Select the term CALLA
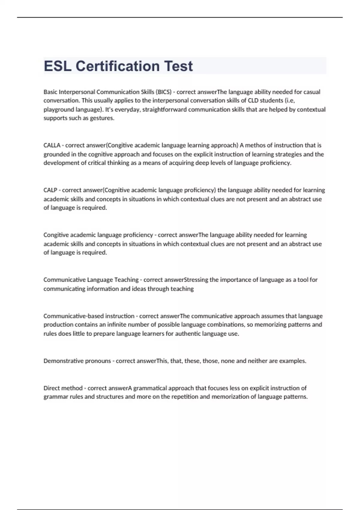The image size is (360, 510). pyautogui.click(x=52, y=145)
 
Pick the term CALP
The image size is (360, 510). pyautogui.click(x=50, y=190)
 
